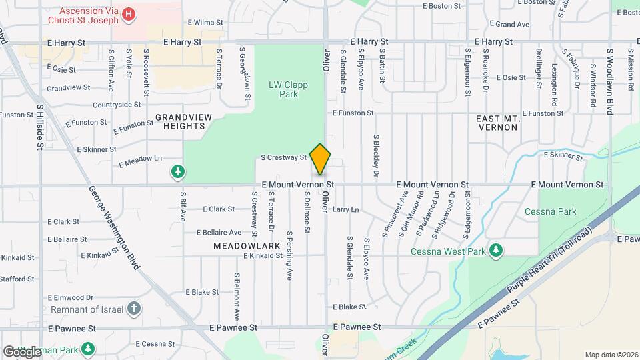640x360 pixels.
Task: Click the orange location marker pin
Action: pyautogui.click(x=321, y=159)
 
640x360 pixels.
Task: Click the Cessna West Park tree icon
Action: pyautogui.click(x=495, y=250)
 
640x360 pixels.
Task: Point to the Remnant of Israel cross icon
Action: pyautogui.click(x=134, y=308)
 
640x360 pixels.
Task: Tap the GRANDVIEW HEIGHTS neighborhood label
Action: pyautogui.click(x=179, y=121)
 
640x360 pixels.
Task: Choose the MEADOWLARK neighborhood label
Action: pyautogui.click(x=240, y=246)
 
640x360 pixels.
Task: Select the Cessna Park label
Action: pyautogui.click(x=559, y=211)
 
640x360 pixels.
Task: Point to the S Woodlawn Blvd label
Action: pyautogui.click(x=609, y=81)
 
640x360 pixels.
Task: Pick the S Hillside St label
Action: pyautogui.click(x=40, y=126)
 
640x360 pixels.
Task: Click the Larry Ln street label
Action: pyautogui.click(x=346, y=209)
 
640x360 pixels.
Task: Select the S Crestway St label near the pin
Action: pyautogui.click(x=283, y=158)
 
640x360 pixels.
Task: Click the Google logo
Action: pyautogui.click(x=22, y=351)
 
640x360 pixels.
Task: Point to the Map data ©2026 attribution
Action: pyautogui.click(x=611, y=355)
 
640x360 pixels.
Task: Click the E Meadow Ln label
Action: pyautogui.click(x=140, y=161)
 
